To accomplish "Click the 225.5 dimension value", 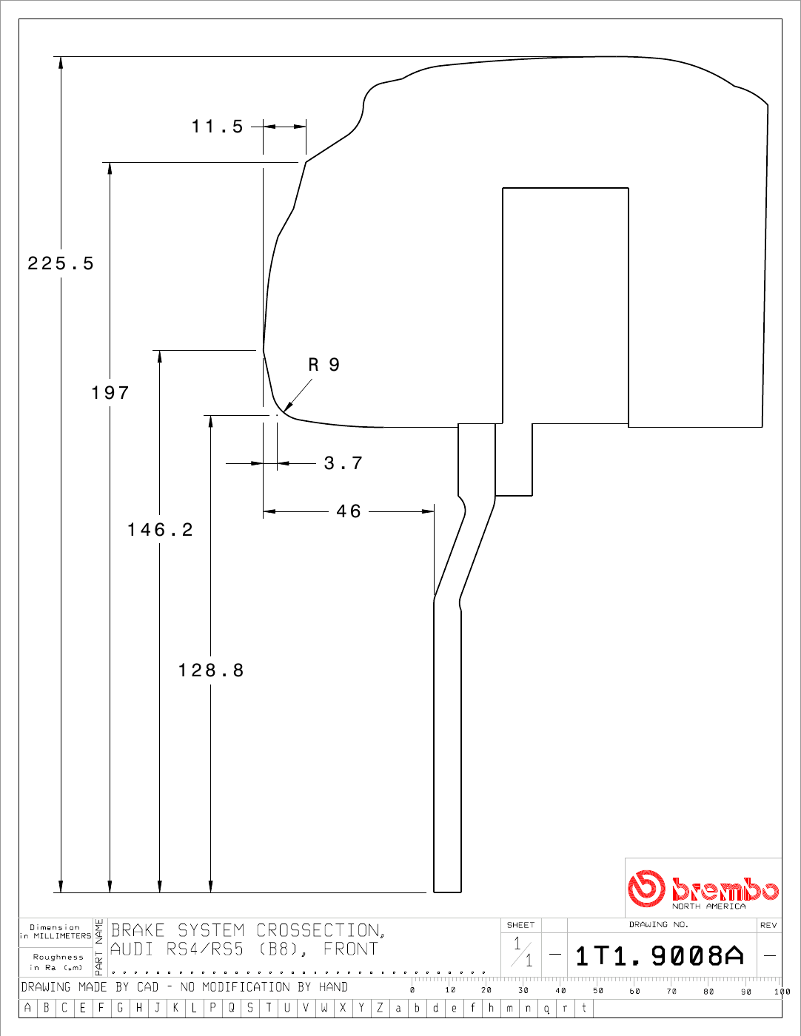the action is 61,263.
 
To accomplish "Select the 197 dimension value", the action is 110,393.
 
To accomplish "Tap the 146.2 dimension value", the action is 160,530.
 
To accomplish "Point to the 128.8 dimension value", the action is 211,670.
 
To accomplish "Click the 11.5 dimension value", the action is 218,127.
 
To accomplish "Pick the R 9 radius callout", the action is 324,365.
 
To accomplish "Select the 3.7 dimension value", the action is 343,463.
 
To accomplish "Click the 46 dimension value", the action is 349,511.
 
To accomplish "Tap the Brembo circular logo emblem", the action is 646,888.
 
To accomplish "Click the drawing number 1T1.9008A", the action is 660,956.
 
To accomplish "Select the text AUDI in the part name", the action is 132,949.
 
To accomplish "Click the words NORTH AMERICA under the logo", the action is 708,906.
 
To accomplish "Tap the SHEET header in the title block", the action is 520,925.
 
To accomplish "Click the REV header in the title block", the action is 768,925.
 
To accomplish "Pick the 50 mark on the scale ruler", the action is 598,990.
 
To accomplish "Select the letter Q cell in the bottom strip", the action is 232,1008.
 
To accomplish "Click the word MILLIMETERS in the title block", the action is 62,936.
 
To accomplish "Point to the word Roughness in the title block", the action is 58,957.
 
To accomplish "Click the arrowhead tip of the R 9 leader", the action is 284,411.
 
